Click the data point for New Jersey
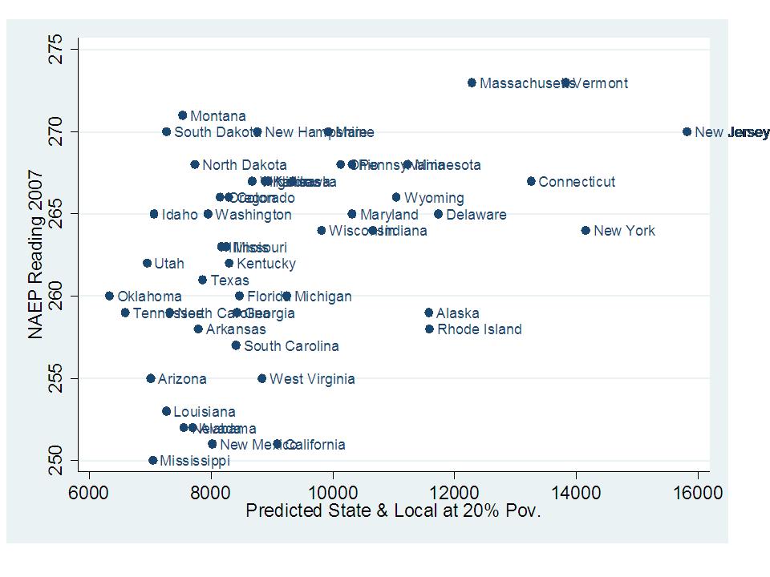tap(687, 131)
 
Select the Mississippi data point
tap(152, 460)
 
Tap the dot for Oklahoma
tap(109, 296)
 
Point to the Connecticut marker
tap(531, 181)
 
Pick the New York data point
tap(586, 230)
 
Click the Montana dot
tap(182, 115)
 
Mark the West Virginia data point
tap(261, 378)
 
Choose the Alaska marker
tap(428, 313)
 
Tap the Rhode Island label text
tap(479, 329)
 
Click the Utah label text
tap(168, 264)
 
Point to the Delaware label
tap(476, 215)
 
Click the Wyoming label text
tap(433, 198)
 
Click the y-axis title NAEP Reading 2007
tap(35, 255)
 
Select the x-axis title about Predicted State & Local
tap(393, 511)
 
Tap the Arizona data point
tap(150, 378)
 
